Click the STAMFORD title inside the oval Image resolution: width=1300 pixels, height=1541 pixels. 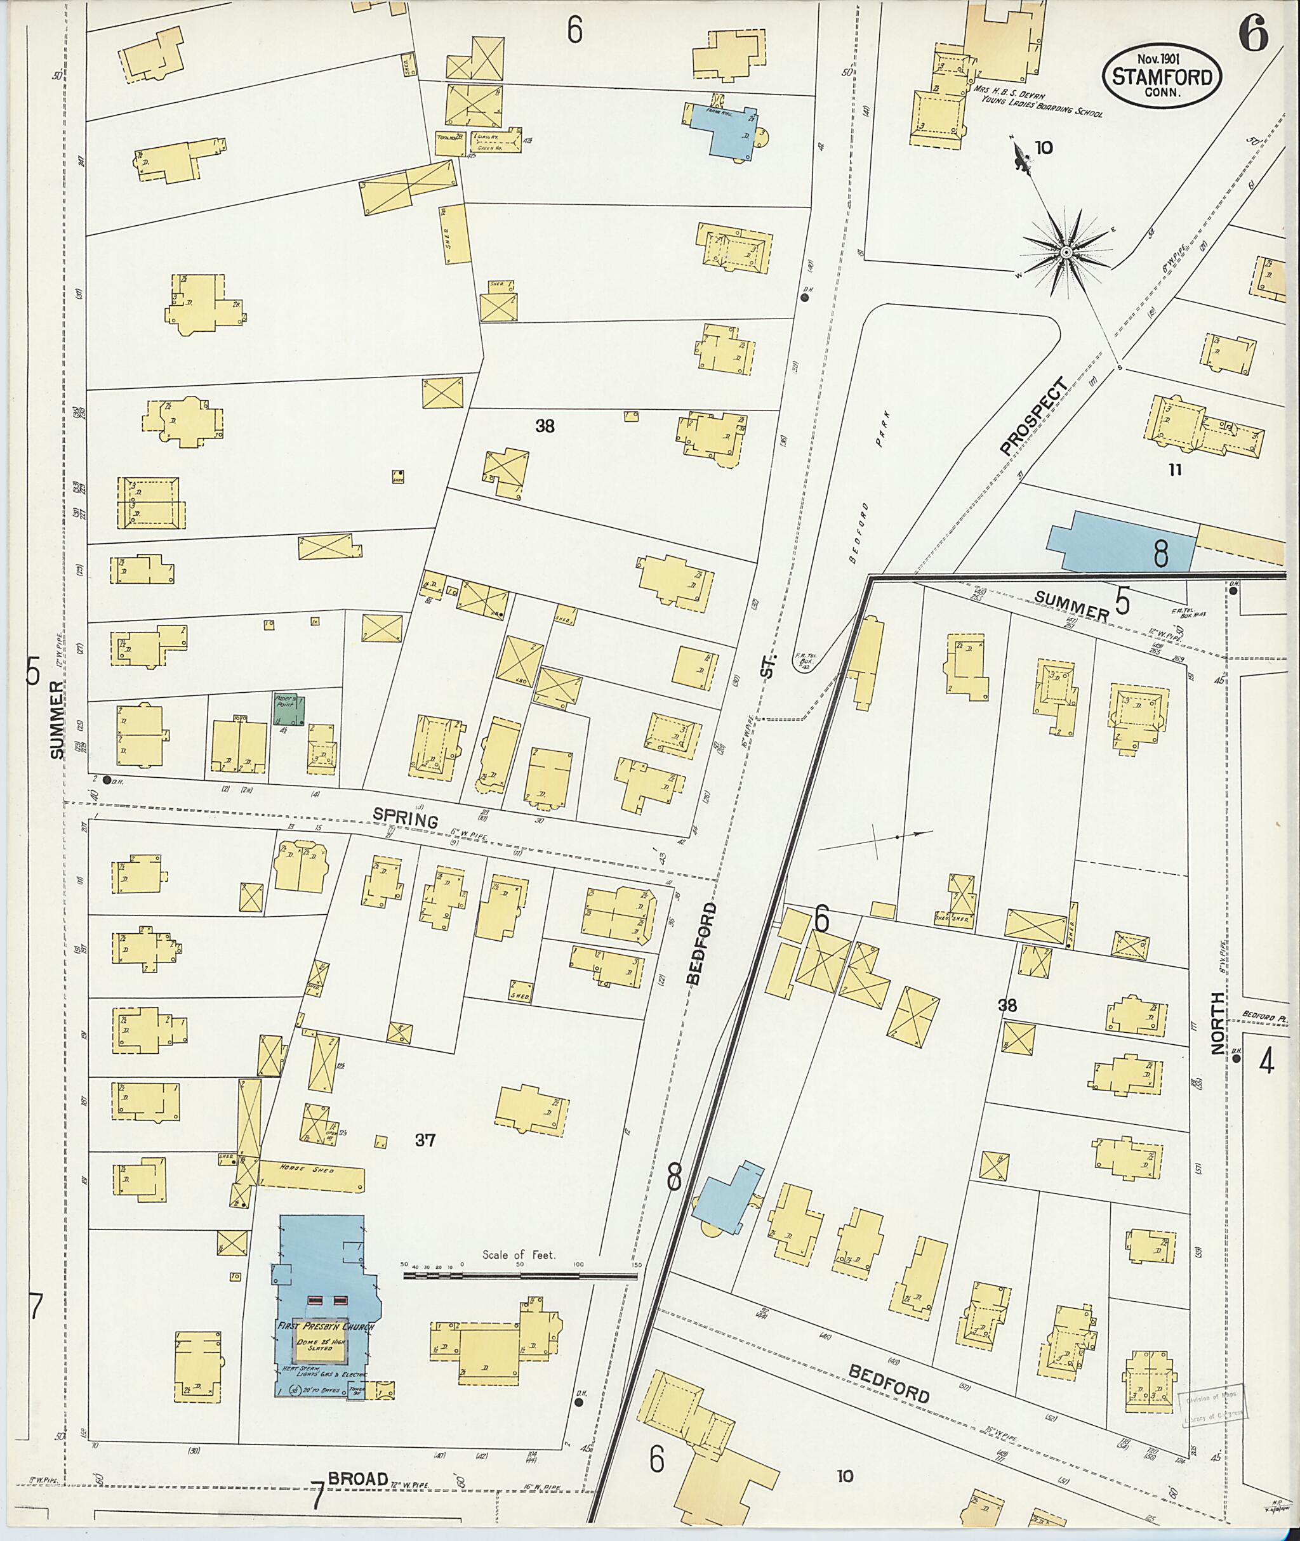click(1162, 77)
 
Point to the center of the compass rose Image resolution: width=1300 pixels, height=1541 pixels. click(1066, 252)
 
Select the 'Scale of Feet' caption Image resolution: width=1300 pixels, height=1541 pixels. click(520, 1254)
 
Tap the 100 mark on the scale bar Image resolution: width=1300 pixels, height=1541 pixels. click(578, 1265)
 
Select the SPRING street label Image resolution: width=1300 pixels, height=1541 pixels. click(406, 816)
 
